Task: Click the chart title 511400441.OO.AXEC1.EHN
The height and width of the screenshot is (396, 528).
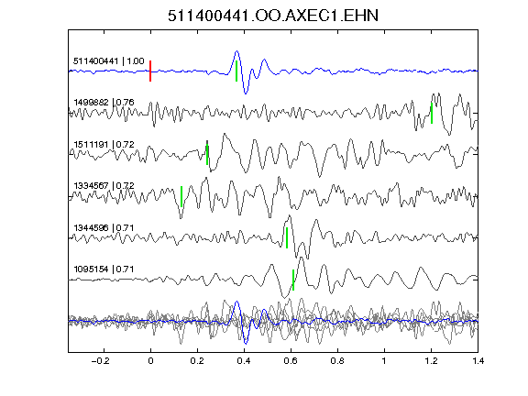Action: point(273,16)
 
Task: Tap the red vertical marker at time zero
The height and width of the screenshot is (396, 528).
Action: point(150,71)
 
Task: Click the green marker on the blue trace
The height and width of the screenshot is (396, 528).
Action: point(236,71)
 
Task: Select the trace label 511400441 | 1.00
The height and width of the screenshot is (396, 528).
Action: point(109,61)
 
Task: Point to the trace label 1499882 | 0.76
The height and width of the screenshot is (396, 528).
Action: point(104,103)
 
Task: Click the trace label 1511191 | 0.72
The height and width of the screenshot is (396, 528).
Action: point(104,145)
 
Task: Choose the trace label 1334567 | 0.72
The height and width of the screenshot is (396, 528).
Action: point(104,186)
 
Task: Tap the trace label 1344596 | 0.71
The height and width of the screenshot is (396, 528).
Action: point(104,228)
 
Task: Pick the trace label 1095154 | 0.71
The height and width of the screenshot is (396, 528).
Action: point(104,269)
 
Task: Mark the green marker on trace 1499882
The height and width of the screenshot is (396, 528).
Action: point(432,113)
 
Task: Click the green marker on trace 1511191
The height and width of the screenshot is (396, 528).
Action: point(207,155)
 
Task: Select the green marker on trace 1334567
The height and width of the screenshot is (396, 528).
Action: point(181,196)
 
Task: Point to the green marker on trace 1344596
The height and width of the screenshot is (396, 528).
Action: point(287,237)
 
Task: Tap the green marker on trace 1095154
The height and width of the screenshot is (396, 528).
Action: point(293,280)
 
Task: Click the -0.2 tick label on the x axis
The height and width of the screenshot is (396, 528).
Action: point(101,361)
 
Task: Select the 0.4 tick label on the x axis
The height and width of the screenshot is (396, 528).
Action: point(244,361)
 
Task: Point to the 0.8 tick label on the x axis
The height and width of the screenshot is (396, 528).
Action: point(337,361)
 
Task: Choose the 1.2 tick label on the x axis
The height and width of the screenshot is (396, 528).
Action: point(431,361)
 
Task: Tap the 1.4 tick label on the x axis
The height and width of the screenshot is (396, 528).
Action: point(478,361)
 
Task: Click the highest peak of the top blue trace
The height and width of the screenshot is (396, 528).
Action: point(236,51)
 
